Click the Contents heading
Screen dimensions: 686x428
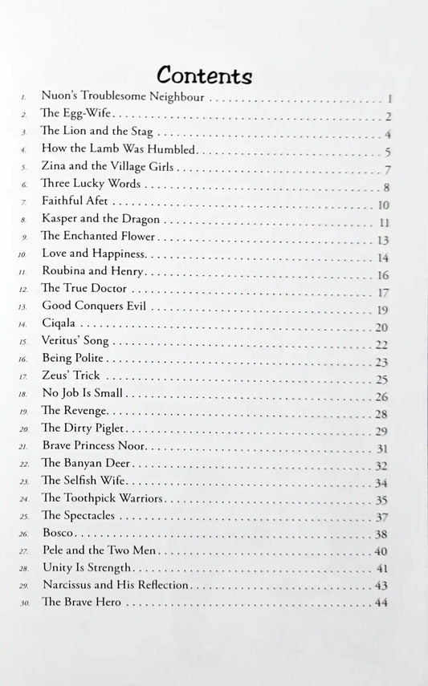pos(205,75)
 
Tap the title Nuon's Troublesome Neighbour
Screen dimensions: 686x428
pos(116,99)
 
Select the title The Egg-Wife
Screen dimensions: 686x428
pos(69,116)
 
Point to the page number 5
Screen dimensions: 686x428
pos(387,152)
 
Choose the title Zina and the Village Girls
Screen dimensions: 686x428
pos(108,168)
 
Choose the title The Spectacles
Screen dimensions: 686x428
pos(78,516)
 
